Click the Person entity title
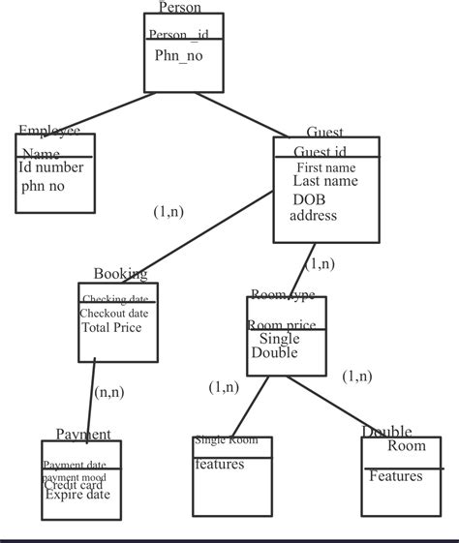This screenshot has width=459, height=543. pyautogui.click(x=179, y=8)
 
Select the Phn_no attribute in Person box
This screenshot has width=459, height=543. pyautogui.click(x=178, y=55)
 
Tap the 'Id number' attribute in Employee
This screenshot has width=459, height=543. pyautogui.click(x=51, y=167)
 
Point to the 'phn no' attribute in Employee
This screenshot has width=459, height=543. pyautogui.click(x=43, y=185)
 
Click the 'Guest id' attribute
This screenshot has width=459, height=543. pyautogui.click(x=320, y=152)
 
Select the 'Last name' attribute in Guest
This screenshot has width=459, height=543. pyautogui.click(x=325, y=181)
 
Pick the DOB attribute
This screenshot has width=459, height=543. pyautogui.click(x=310, y=198)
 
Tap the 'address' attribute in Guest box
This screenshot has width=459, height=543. pyautogui.click(x=313, y=215)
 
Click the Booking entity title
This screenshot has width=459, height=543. pyautogui.click(x=120, y=275)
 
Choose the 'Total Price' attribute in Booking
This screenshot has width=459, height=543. pyautogui.click(x=110, y=328)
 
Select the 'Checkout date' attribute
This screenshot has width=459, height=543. pyautogui.click(x=113, y=314)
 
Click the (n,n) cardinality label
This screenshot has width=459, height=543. pyautogui.click(x=107, y=392)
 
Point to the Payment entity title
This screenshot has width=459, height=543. pyautogui.click(x=82, y=435)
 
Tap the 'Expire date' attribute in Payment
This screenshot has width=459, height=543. pyautogui.click(x=77, y=495)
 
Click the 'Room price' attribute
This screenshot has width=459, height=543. pyautogui.click(x=281, y=326)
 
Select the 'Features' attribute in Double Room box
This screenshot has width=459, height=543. pyautogui.click(x=395, y=476)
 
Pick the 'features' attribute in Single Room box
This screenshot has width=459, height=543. pyautogui.click(x=220, y=465)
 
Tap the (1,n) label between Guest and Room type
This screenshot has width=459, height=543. pyautogui.click(x=320, y=263)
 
